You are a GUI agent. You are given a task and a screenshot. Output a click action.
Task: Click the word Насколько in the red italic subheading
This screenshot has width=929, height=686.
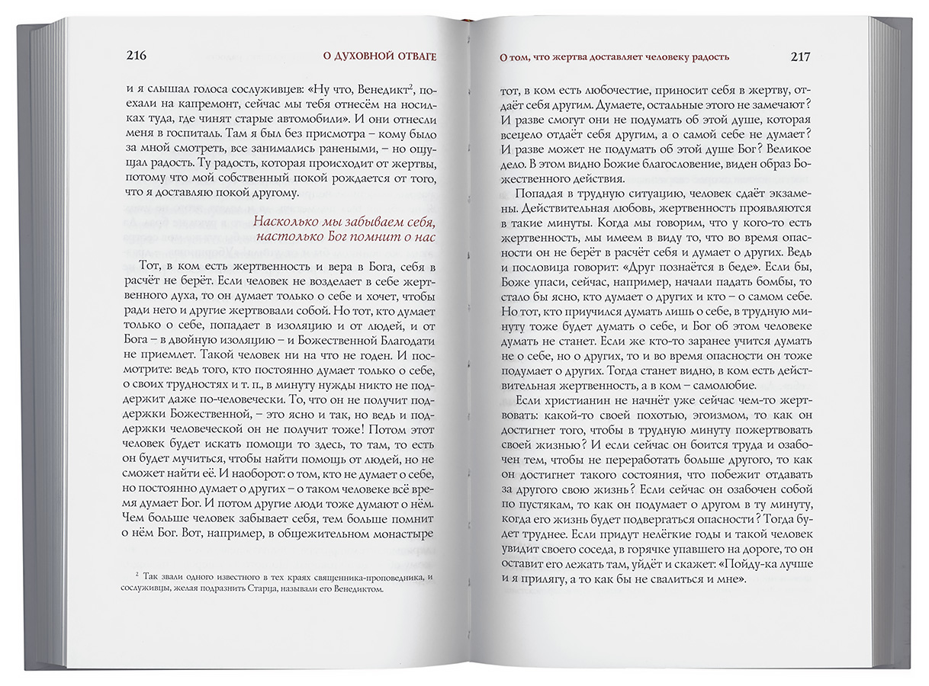point(287,223)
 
